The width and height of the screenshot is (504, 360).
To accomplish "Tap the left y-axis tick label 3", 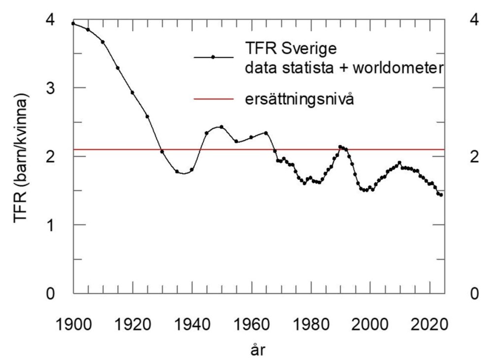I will click(50, 88).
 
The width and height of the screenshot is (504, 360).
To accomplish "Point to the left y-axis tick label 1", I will click(50, 225).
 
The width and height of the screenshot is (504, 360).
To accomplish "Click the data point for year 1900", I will click(73, 23).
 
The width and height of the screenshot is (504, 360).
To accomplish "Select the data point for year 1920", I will click(132, 92).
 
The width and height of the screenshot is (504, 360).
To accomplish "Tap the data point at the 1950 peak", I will click(221, 127).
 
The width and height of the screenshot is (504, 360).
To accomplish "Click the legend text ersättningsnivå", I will click(300, 99).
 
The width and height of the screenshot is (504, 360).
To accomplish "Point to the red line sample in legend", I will click(213, 99).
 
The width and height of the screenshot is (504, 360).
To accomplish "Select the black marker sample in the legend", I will click(213, 57).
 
